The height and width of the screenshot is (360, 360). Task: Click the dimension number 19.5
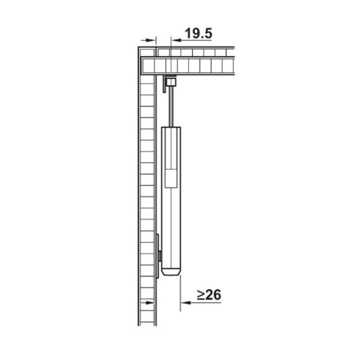(x=198, y=33)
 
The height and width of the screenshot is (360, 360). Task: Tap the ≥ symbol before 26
(x=201, y=295)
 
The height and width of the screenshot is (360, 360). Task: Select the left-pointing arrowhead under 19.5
(x=176, y=40)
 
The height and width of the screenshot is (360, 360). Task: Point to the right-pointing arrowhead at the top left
(x=151, y=40)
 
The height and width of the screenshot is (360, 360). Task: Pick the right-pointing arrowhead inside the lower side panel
(x=150, y=302)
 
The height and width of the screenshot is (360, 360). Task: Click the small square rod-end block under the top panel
(x=171, y=82)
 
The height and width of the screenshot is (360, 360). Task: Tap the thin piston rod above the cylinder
(x=171, y=106)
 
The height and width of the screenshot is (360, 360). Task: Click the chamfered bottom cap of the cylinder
(x=171, y=272)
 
